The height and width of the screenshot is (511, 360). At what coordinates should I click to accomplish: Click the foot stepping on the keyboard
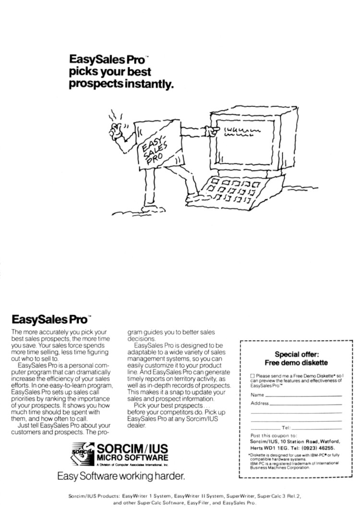click(194, 194)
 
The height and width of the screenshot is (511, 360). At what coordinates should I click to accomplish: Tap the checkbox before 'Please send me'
click(252, 375)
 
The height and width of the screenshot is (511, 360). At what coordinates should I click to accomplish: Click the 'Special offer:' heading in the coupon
click(295, 354)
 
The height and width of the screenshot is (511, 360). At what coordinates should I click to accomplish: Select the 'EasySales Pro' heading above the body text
click(49, 318)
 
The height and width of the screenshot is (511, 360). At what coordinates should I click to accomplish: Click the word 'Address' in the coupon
click(260, 403)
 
